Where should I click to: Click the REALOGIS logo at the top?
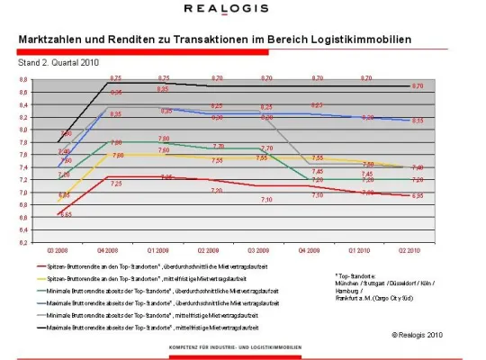click(x=242, y=9)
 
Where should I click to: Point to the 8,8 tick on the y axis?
click(x=23, y=79)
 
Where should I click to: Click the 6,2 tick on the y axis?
click(x=23, y=242)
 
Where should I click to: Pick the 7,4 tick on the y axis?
click(x=23, y=166)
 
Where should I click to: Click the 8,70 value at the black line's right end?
click(x=417, y=86)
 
